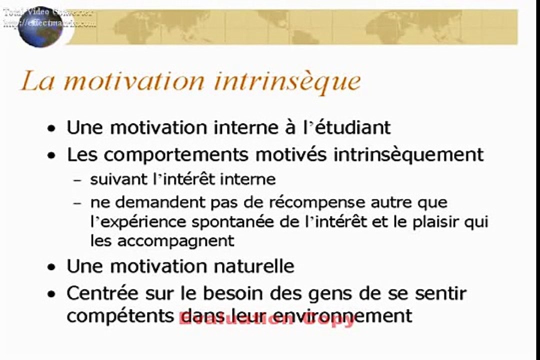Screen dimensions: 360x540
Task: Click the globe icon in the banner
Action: click(x=40, y=26)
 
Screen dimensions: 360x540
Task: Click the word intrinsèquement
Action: click(x=408, y=155)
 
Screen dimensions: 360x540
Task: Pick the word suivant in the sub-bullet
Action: click(x=119, y=179)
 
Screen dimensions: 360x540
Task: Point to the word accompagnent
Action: click(x=176, y=241)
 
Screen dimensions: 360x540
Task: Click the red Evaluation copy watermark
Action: click(x=267, y=319)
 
